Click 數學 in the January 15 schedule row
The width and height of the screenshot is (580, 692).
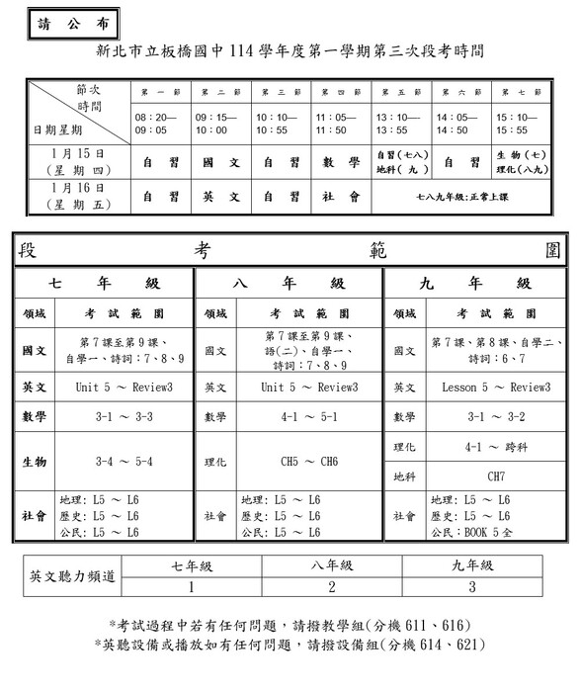click(340, 161)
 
